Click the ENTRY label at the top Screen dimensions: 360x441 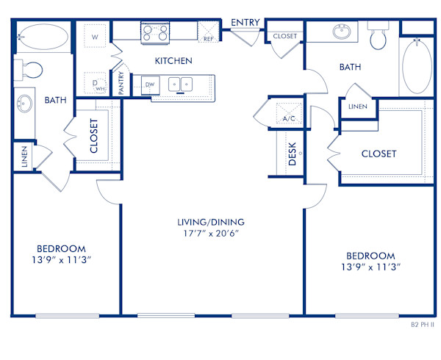tap(245, 23)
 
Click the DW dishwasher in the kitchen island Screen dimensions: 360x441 tap(150, 84)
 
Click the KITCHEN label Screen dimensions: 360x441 tap(173, 61)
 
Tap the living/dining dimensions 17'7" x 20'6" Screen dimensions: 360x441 tap(210, 234)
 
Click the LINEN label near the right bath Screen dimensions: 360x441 tap(357, 107)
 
